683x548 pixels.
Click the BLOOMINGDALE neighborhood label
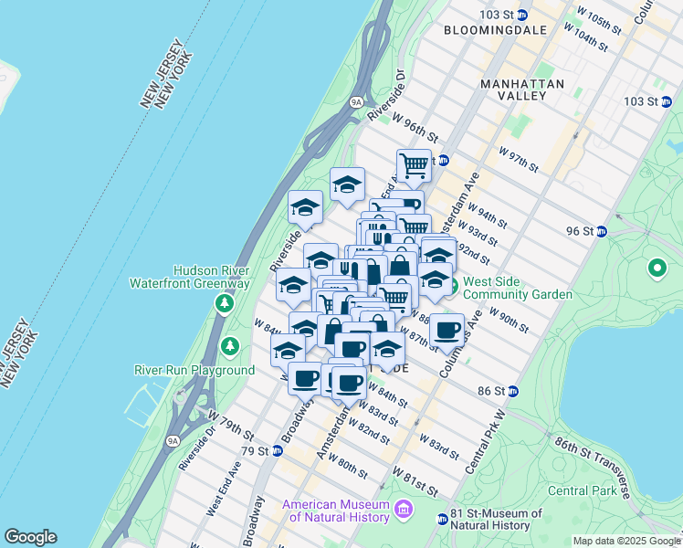tap(496, 30)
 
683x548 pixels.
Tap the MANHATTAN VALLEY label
tap(522, 91)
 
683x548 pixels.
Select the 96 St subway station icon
tap(602, 231)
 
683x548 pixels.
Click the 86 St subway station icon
tap(513, 391)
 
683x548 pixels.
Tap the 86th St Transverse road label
tap(593, 467)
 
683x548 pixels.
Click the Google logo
tap(30, 537)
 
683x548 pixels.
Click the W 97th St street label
tap(519, 158)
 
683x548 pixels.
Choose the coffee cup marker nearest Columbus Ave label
tap(447, 330)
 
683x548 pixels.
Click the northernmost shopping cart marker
tap(415, 166)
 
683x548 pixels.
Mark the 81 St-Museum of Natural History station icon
tap(442, 519)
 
